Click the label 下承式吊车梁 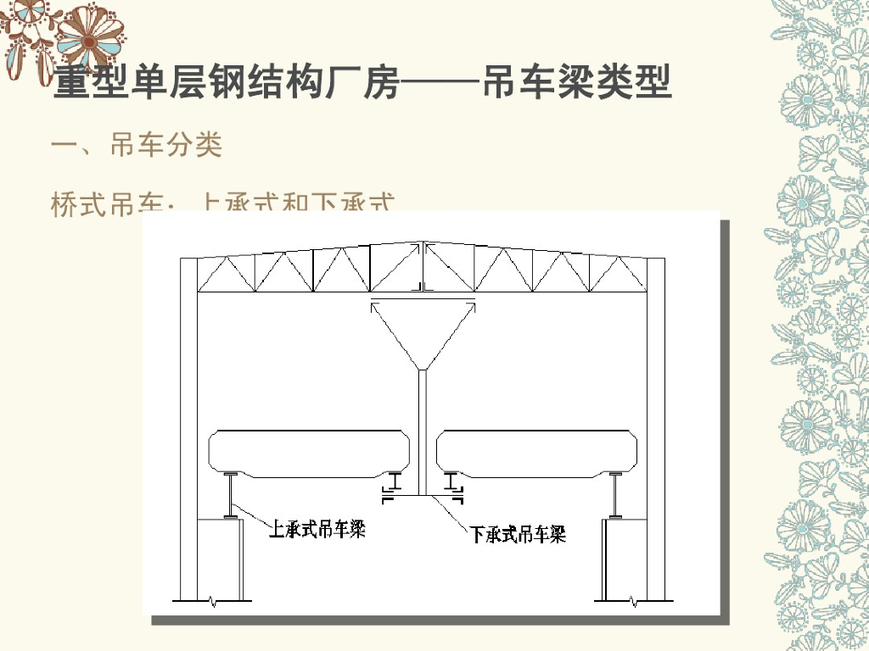click(x=518, y=534)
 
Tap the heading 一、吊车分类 click(x=137, y=146)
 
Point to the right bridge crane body click(x=538, y=453)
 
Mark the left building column click(x=188, y=424)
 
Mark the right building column click(x=656, y=424)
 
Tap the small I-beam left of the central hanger click(x=393, y=484)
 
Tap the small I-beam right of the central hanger click(x=452, y=484)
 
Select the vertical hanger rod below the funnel click(x=422, y=432)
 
